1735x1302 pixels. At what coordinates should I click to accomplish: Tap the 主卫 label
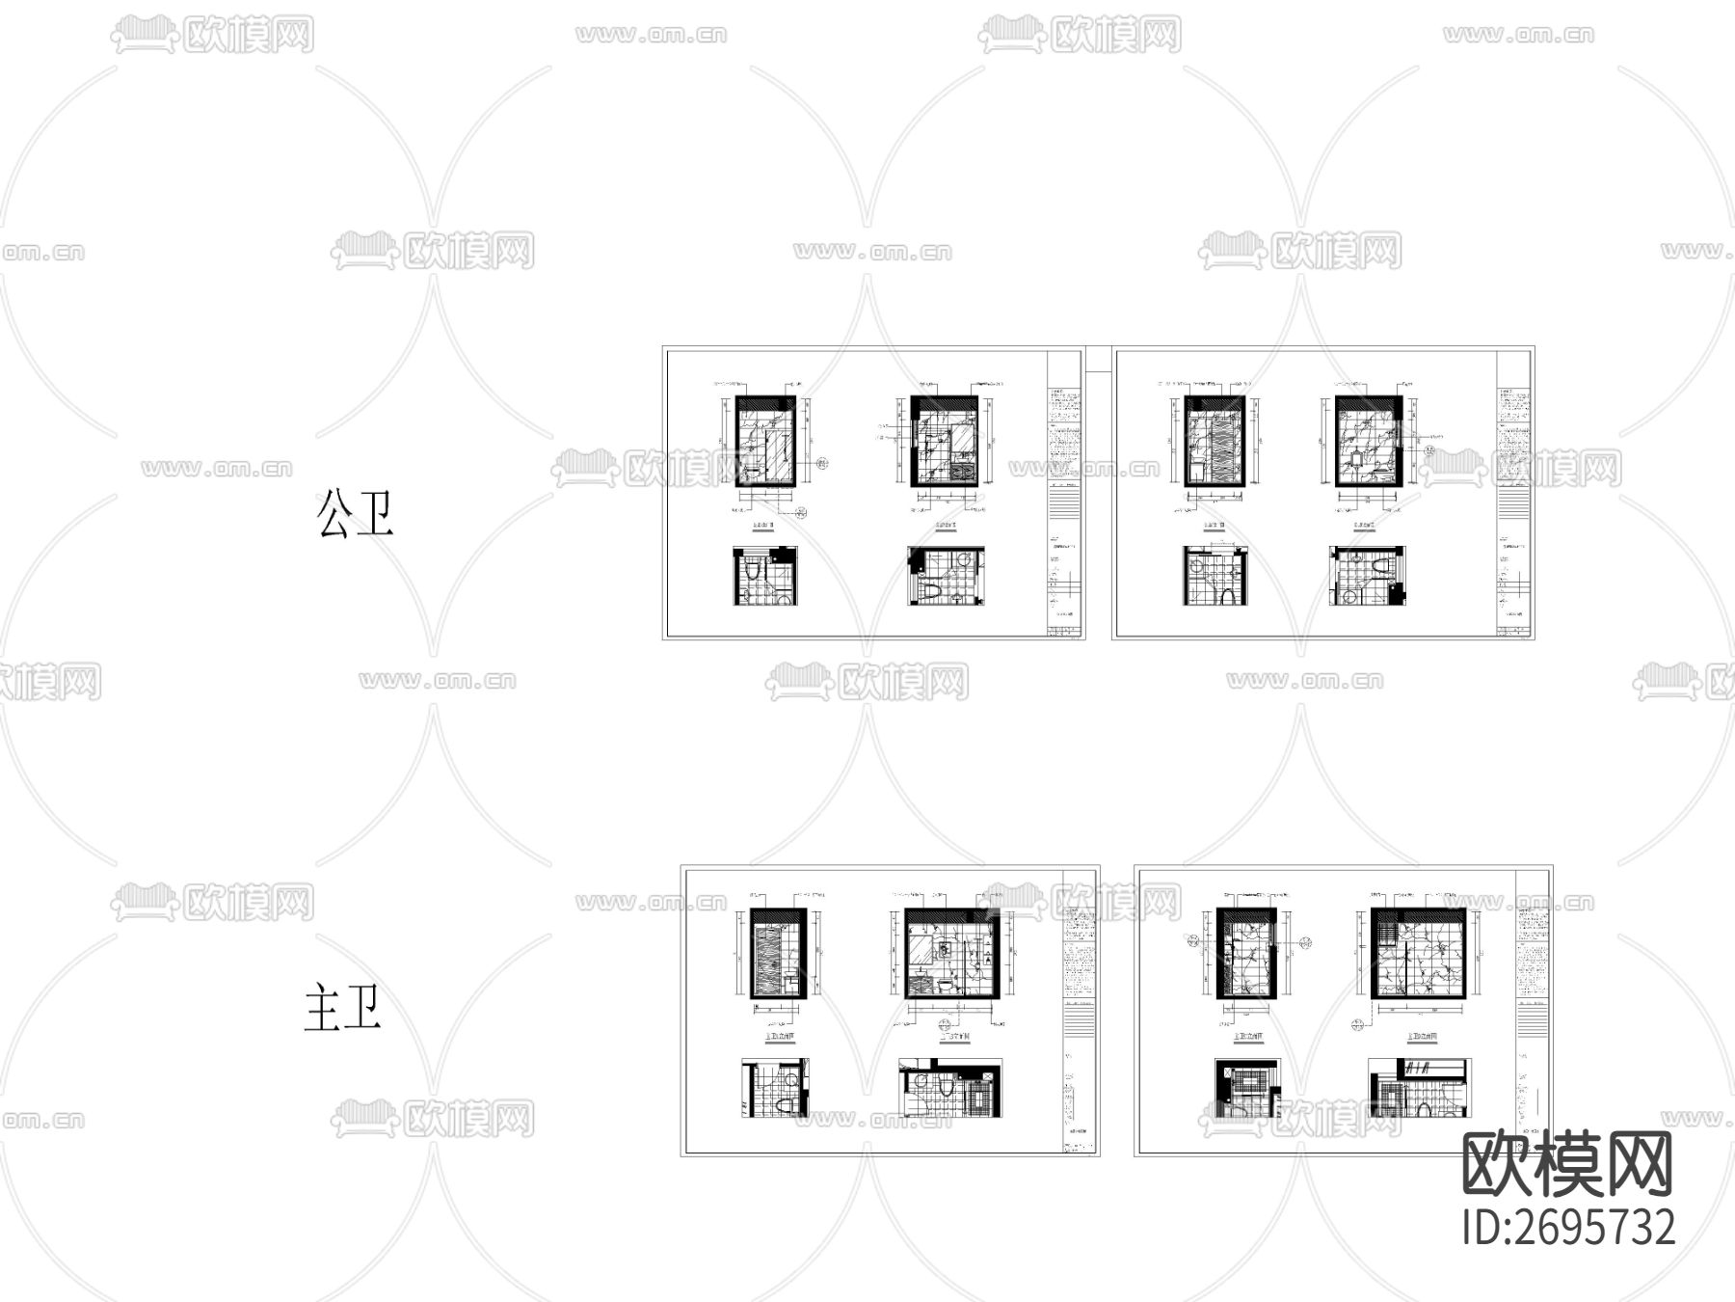[x=343, y=1008]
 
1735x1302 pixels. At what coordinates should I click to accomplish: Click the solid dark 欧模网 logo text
[x=1567, y=1164]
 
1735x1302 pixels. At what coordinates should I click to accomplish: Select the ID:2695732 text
[x=1569, y=1228]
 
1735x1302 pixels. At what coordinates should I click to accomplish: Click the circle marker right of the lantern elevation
[x=1429, y=449]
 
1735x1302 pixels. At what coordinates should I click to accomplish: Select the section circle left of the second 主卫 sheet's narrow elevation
[x=1193, y=942]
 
